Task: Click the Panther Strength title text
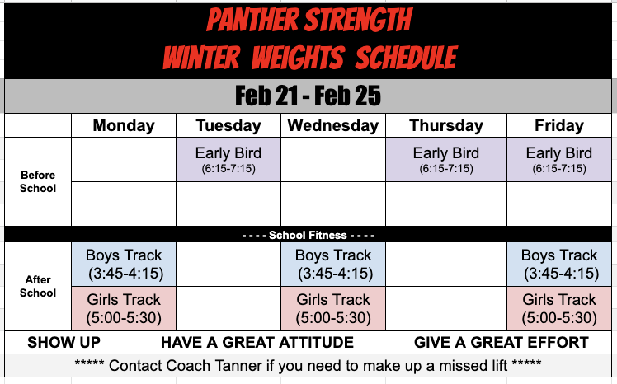coord(308,19)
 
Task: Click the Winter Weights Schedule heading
coord(308,57)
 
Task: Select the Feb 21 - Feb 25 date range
coord(308,96)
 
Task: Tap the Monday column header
coord(124,126)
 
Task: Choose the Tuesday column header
coord(228,126)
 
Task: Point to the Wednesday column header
coord(333,126)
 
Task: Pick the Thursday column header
coord(446,126)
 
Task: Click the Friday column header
coord(559,126)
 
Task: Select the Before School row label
coord(38,181)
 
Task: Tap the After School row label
coord(38,286)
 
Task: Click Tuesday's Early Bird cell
coord(228,159)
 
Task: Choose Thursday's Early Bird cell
coord(446,159)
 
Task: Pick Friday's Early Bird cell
coord(559,159)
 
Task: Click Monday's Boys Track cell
coord(124,264)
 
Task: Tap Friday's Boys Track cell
coord(559,264)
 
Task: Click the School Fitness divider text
coord(308,235)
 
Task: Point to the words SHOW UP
coord(64,343)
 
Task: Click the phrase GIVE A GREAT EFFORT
coord(501,343)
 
